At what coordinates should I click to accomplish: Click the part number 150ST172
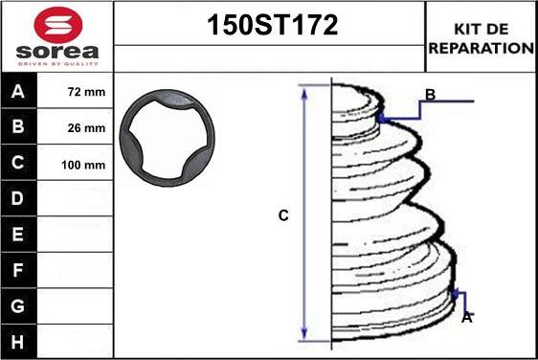coord(273,25)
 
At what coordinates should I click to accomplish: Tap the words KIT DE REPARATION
coord(482,38)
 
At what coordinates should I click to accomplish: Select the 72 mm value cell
coord(75,92)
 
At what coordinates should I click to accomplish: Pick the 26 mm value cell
coord(75,127)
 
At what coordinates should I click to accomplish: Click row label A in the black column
coord(18,92)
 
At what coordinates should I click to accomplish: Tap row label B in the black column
coord(18,126)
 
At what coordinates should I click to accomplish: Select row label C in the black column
coord(18,163)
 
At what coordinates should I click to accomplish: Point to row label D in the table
coord(18,198)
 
